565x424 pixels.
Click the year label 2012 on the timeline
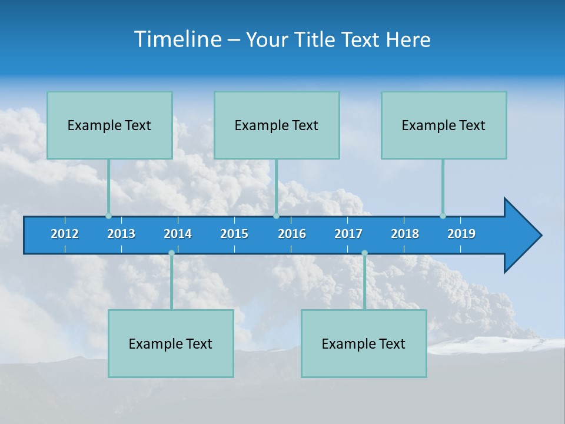[65, 234]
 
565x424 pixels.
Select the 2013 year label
[121, 234]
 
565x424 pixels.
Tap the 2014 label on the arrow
[178, 234]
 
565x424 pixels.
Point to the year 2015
[234, 234]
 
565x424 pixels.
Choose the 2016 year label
[292, 234]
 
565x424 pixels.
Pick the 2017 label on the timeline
[348, 234]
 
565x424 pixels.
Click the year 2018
[405, 234]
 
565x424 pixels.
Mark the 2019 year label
[461, 234]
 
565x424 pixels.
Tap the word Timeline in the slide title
[178, 39]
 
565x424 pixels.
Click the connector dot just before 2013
[108, 216]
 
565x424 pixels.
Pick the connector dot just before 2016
[276, 216]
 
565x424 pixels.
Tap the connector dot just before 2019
[443, 216]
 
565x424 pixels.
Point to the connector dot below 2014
[171, 253]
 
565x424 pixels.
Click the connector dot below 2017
[364, 253]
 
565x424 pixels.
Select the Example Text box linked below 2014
[171, 343]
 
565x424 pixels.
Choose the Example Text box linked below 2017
[364, 343]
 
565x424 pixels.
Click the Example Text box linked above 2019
[444, 125]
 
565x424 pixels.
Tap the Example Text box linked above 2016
[277, 125]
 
